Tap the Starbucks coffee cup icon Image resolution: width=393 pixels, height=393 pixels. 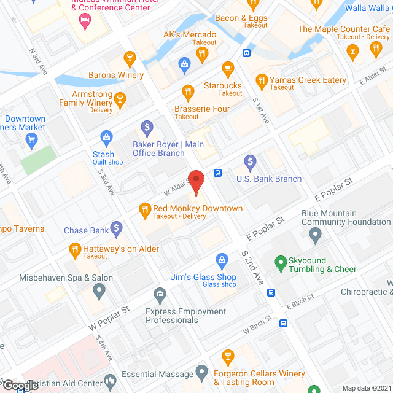tap(228, 68)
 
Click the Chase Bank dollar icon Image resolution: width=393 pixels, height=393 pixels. tap(117, 230)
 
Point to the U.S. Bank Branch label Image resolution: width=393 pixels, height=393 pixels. tap(269, 179)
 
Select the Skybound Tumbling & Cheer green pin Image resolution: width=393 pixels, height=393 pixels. tap(281, 262)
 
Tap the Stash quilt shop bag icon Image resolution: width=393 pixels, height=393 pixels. tap(107, 136)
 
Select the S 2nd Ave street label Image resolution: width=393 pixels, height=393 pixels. tap(252, 267)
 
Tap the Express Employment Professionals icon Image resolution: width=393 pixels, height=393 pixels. tap(160, 295)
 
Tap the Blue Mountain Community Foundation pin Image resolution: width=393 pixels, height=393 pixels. tap(316, 234)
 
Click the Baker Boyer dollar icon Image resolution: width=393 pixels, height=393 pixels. tap(147, 128)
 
